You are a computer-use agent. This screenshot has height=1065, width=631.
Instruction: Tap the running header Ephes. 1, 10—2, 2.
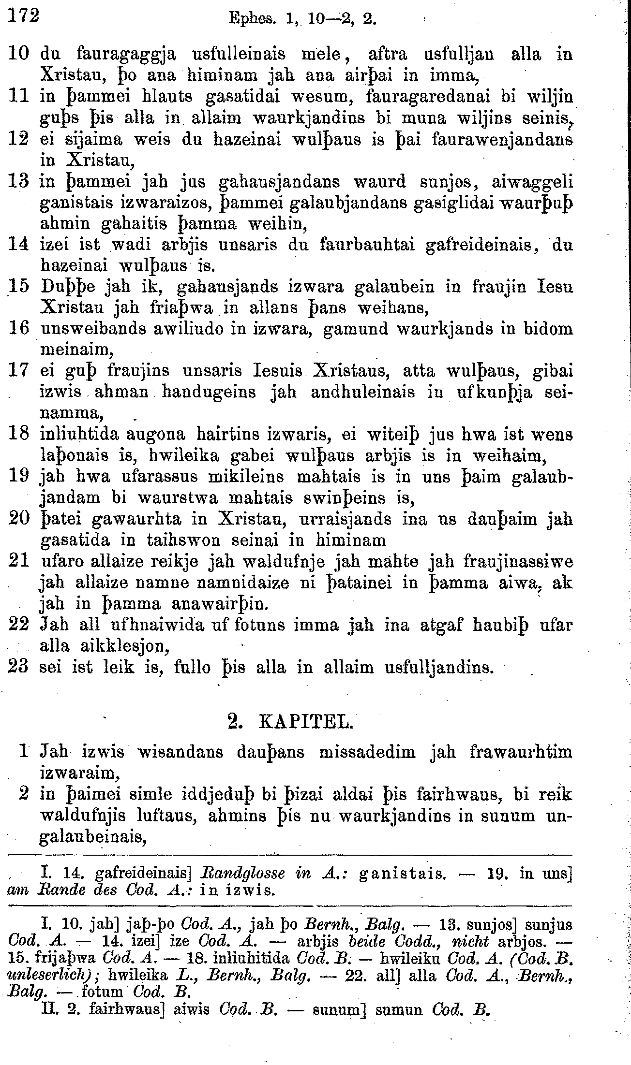point(302,19)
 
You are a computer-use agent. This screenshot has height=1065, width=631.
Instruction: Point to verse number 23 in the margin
point(19,667)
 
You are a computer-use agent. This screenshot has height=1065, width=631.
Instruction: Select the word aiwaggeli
point(532,182)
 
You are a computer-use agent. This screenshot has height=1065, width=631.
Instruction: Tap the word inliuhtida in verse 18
point(79,434)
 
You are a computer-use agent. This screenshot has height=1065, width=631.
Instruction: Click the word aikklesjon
point(123,645)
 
